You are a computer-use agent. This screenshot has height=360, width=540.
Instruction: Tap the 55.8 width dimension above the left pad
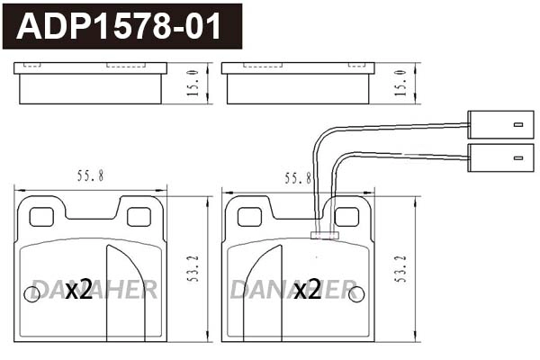tap(90, 177)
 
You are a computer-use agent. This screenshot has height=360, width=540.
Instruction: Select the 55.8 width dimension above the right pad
tap(297, 178)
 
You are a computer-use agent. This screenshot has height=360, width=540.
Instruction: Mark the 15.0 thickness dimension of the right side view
tap(400, 83)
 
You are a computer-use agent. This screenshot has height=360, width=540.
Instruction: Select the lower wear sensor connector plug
tap(497, 155)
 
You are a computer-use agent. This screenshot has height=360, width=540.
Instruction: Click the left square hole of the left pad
tap(41, 217)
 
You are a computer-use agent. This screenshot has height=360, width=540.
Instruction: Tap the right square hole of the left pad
tap(139, 217)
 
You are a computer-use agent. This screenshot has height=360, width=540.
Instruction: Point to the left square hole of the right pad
tap(248, 217)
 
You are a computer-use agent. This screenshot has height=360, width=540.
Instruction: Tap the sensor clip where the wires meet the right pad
tap(323, 236)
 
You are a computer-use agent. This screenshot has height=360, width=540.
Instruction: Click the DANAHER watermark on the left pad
tap(94, 289)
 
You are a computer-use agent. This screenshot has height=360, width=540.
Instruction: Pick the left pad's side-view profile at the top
tap(90, 84)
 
